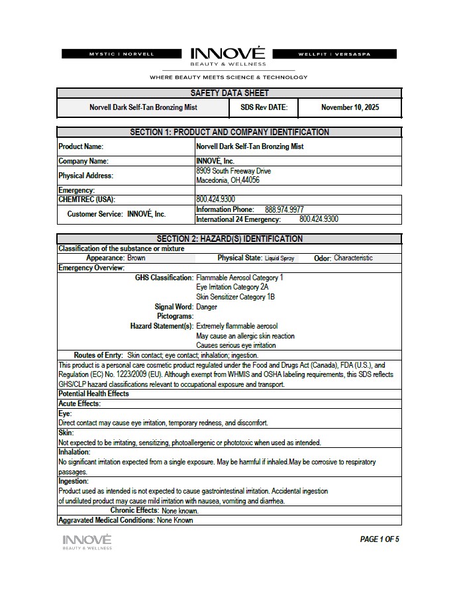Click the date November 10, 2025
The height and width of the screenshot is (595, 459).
[x=350, y=107]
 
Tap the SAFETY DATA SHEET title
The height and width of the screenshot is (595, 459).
[x=229, y=93]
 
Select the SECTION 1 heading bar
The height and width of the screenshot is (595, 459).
[x=229, y=132]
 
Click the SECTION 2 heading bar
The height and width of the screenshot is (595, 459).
[x=229, y=239]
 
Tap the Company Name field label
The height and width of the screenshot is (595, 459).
[x=83, y=161]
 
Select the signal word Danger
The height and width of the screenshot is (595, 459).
[x=207, y=307]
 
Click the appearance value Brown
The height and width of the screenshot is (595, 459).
[x=136, y=258]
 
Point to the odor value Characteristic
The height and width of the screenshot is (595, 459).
[x=353, y=258]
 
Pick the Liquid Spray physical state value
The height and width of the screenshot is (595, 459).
[x=280, y=258]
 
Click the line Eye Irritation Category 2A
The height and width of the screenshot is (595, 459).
[x=232, y=288]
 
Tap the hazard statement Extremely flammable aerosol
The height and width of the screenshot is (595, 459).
[x=237, y=326]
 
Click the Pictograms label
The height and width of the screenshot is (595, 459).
[x=175, y=317]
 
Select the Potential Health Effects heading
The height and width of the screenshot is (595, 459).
[x=93, y=394]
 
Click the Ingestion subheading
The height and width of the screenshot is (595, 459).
[x=74, y=481]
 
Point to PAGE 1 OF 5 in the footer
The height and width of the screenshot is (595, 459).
[x=380, y=539]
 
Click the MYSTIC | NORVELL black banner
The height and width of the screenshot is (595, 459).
[x=121, y=54]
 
